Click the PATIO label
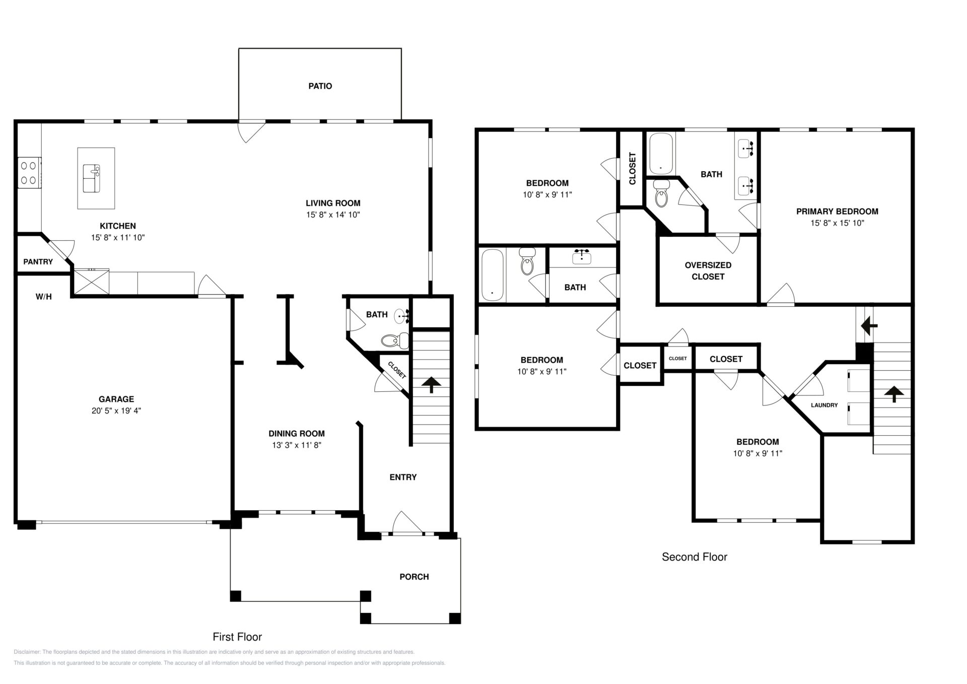point(320,86)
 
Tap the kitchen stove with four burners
point(29,172)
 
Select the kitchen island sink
point(92,178)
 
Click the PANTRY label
point(38,261)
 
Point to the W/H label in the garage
point(44,297)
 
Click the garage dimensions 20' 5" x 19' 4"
point(116,411)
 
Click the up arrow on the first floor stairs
point(431,385)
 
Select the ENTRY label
point(403,477)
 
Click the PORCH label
point(414,577)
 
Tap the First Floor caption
point(237,637)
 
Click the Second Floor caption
point(695,557)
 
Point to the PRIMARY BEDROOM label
point(837,212)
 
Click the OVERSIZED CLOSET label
point(708,270)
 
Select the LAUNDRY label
point(824,405)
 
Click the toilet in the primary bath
point(661,194)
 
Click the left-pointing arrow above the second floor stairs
point(869,326)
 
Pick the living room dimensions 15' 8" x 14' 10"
point(333,215)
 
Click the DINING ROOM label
point(296,433)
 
